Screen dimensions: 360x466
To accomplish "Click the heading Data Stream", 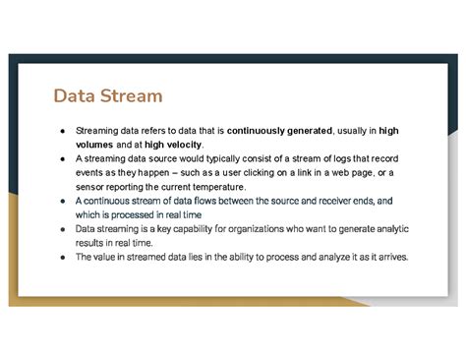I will pos(108,96).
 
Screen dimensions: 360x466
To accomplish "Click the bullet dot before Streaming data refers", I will pos(64,130).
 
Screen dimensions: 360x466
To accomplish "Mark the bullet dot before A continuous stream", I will pos(64,201).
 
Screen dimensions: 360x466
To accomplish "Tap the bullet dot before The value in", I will pos(64,257).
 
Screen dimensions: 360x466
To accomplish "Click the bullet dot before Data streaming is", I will pos(64,229).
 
